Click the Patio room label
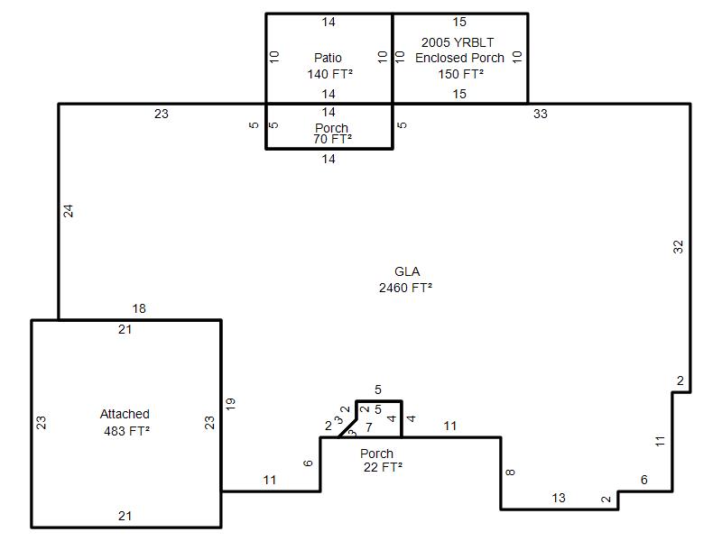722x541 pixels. pyautogui.click(x=328, y=58)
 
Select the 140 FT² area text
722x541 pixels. pyautogui.click(x=330, y=74)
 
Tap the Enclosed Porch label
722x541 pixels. pyautogui.click(x=459, y=58)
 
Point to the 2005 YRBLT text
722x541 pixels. pyautogui.click(x=458, y=42)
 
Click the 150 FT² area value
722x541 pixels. pyautogui.click(x=461, y=74)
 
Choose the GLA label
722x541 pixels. pyautogui.click(x=407, y=271)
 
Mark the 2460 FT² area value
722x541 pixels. pyautogui.click(x=405, y=288)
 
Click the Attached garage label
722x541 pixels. pyautogui.click(x=125, y=414)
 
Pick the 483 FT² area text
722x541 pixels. pyautogui.click(x=127, y=431)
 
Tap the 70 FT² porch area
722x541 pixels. pyautogui.click(x=332, y=139)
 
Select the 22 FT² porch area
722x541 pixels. pyautogui.click(x=383, y=467)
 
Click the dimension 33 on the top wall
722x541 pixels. pyautogui.click(x=541, y=114)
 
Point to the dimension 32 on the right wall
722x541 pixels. pyautogui.click(x=679, y=247)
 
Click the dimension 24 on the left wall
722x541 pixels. pyautogui.click(x=69, y=211)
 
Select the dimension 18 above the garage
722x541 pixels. pyautogui.click(x=139, y=308)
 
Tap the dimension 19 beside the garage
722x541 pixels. pyautogui.click(x=230, y=404)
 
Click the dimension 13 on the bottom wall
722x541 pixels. pyautogui.click(x=559, y=498)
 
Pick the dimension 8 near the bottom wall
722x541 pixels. pyautogui.click(x=510, y=472)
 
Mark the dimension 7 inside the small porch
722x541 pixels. pyautogui.click(x=369, y=427)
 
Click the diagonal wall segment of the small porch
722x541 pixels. pyautogui.click(x=347, y=428)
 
